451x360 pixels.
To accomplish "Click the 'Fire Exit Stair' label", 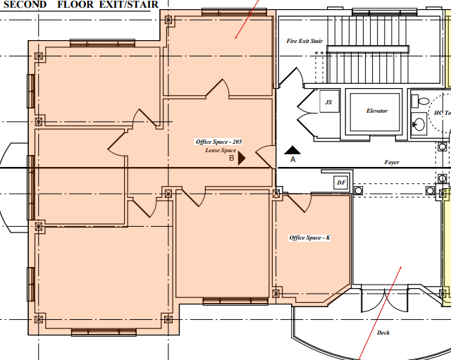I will [x=304, y=41].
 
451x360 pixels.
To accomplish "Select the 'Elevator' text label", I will [x=377, y=111].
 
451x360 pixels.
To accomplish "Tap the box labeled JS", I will [x=328, y=103].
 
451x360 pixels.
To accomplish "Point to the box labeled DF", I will [x=342, y=182].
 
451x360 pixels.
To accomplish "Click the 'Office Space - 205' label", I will [x=218, y=142].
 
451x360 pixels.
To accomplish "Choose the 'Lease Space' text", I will [x=221, y=150].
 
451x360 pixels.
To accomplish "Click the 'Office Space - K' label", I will [x=310, y=237].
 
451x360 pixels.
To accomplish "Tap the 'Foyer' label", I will [x=392, y=162].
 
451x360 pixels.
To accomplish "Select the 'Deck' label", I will [x=383, y=333].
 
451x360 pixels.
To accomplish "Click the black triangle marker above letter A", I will [x=292, y=149].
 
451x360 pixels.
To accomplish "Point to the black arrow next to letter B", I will [x=242, y=159].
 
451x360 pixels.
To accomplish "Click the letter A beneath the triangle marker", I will [x=292, y=160].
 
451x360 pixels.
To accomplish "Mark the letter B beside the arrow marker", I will [x=231, y=159].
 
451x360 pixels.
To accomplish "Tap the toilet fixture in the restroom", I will [x=416, y=101].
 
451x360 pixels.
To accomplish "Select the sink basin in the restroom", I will [x=418, y=125].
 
